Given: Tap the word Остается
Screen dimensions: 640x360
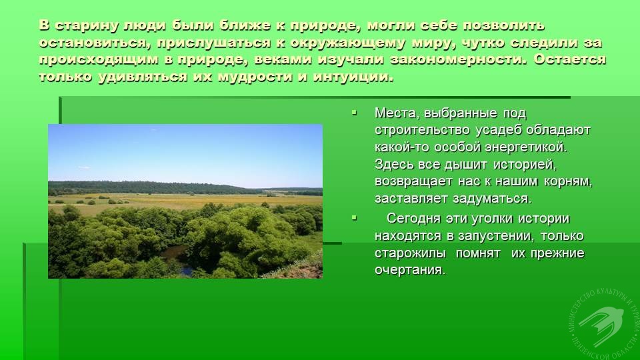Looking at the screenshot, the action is (570, 59).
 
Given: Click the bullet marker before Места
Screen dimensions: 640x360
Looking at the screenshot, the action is (354, 111).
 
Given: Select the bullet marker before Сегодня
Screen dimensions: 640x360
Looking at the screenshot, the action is (354, 218).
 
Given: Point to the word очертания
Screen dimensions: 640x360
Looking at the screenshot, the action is (410, 270).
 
